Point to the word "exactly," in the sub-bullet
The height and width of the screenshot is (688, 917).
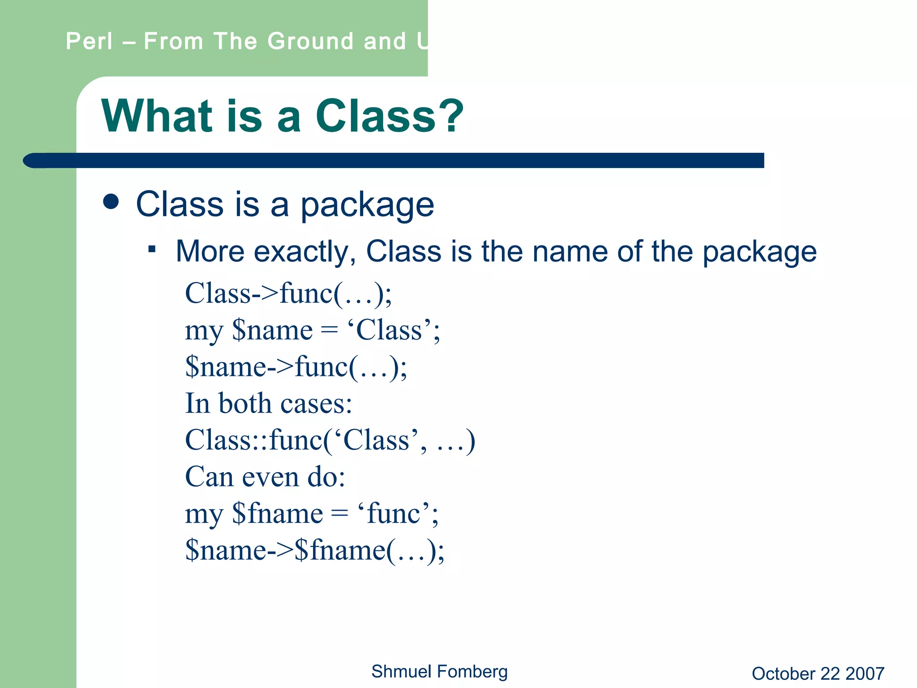click(x=305, y=251)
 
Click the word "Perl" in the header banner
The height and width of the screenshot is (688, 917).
click(x=89, y=41)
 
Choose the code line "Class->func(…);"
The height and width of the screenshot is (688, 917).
click(x=288, y=294)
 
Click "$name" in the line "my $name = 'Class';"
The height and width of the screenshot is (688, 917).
click(x=272, y=331)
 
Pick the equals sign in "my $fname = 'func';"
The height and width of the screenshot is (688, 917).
click(x=339, y=514)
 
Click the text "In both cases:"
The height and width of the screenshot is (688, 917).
click(x=269, y=404)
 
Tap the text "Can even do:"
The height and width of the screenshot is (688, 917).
click(x=265, y=477)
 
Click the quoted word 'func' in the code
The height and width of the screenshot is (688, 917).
click(x=394, y=514)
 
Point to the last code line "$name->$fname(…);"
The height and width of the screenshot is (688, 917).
click(x=315, y=550)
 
